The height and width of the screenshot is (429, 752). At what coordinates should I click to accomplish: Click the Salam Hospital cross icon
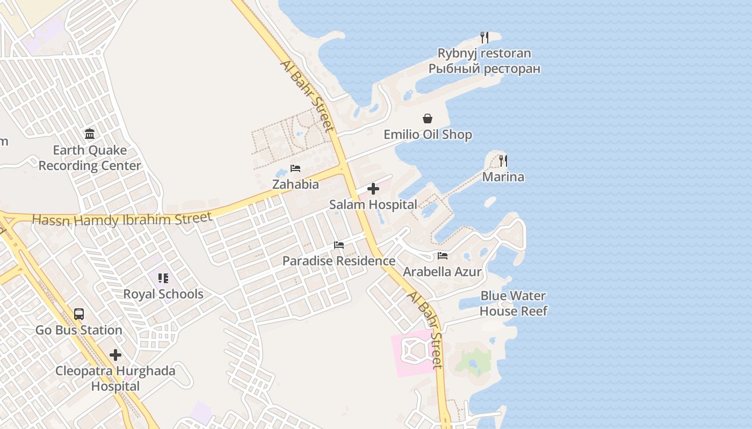[x=373, y=189]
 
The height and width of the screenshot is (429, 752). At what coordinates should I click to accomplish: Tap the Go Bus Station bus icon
[x=79, y=314]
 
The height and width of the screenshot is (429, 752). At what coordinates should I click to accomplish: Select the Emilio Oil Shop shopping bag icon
[x=428, y=119]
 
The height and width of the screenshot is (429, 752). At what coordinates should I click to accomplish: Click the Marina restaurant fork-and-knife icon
[x=503, y=160]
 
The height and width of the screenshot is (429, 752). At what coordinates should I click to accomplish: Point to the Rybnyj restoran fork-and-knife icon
[x=485, y=37]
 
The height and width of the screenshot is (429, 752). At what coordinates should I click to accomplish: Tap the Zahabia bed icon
[x=295, y=168]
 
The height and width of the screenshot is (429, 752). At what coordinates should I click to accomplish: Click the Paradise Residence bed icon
[x=339, y=245]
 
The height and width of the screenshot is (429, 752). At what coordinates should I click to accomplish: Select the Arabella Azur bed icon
[x=443, y=256]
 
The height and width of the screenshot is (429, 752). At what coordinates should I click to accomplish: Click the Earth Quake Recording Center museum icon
[x=90, y=134]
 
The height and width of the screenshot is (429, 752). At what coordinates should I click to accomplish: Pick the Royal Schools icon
[x=163, y=278]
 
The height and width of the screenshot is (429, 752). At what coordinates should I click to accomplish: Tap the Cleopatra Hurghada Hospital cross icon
[x=115, y=355]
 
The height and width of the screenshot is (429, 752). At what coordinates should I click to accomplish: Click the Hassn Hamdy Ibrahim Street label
[x=122, y=219]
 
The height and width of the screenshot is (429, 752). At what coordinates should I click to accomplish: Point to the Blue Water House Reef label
[x=514, y=304]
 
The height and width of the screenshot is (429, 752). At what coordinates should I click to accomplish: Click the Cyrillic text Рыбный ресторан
[x=484, y=69]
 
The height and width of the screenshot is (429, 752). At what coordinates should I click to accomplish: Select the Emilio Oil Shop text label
[x=428, y=135]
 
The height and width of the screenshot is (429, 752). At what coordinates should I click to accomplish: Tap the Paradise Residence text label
[x=339, y=261]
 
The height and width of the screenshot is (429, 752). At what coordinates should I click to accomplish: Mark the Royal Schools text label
[x=163, y=294]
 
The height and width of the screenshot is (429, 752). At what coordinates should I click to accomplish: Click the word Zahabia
[x=295, y=184]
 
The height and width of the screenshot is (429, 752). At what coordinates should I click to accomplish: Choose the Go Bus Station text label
[x=79, y=330]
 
